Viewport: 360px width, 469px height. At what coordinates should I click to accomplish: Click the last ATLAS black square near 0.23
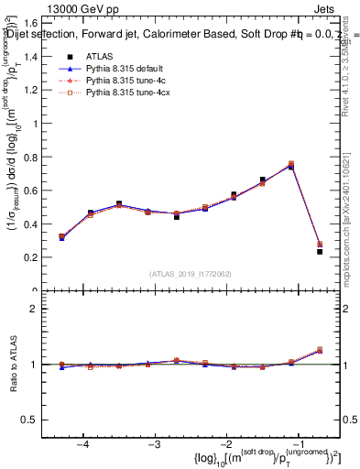pos(320,251)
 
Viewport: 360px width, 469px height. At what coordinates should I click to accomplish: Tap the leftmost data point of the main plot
pos(61,236)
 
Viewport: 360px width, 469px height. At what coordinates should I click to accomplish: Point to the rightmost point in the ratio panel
pos(320,350)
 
